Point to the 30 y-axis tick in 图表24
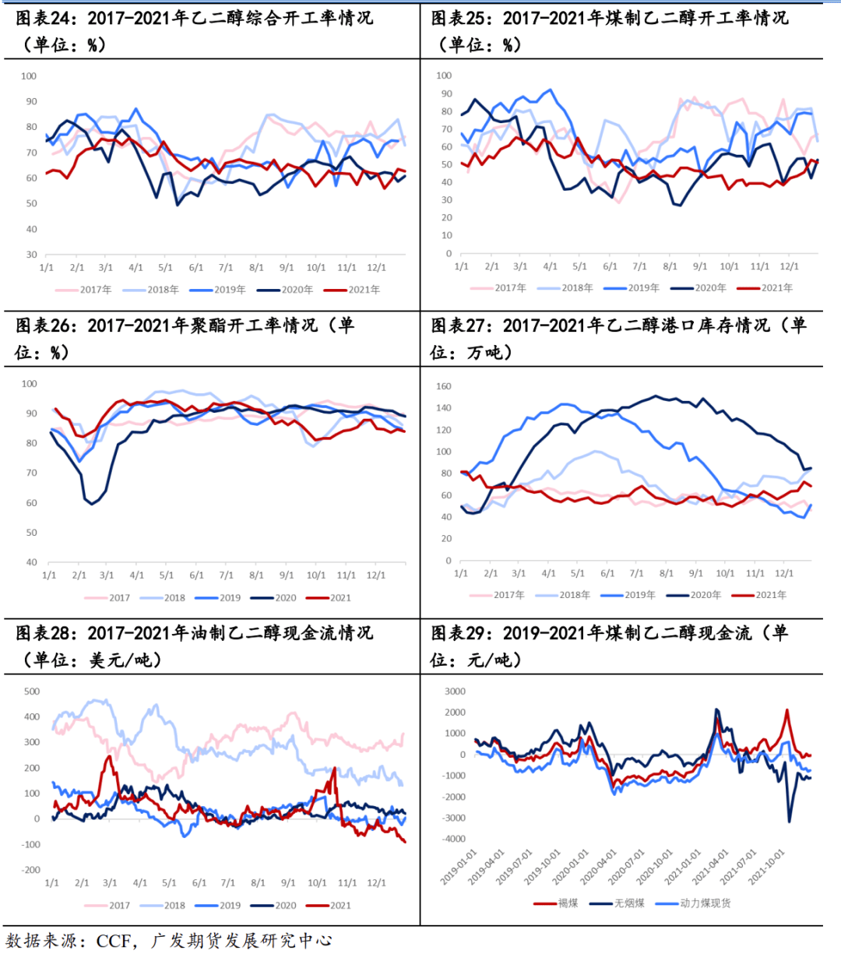click(31, 255)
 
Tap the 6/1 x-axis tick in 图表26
click(196, 576)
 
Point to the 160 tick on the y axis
click(444, 386)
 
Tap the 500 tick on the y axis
click(32, 692)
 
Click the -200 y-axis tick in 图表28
click(30, 870)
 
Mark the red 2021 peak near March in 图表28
click(109, 756)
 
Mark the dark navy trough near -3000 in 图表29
click(789, 821)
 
